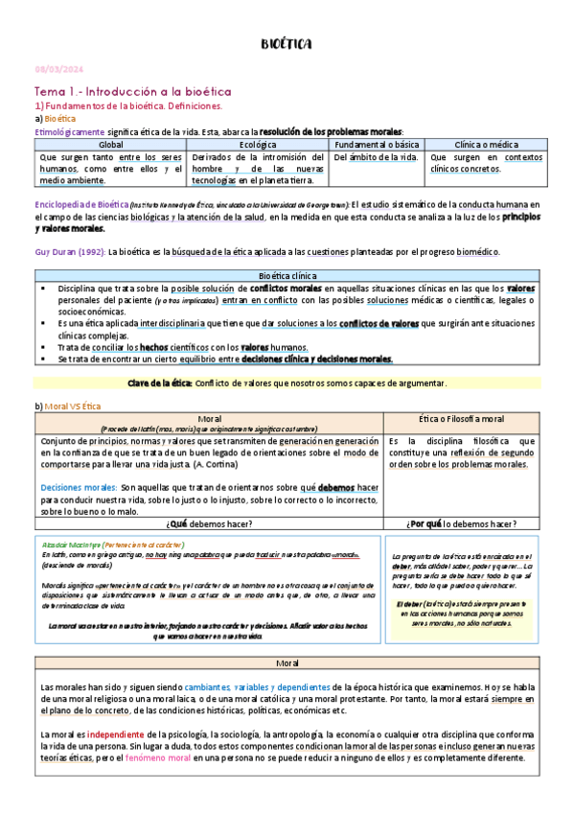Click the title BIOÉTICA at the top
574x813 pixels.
coord(287,44)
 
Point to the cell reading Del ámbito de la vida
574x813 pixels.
coord(376,156)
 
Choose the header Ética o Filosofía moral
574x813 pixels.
coord(462,419)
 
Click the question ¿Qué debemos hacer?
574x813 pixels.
coord(208,523)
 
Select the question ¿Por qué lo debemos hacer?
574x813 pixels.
coord(462,523)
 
